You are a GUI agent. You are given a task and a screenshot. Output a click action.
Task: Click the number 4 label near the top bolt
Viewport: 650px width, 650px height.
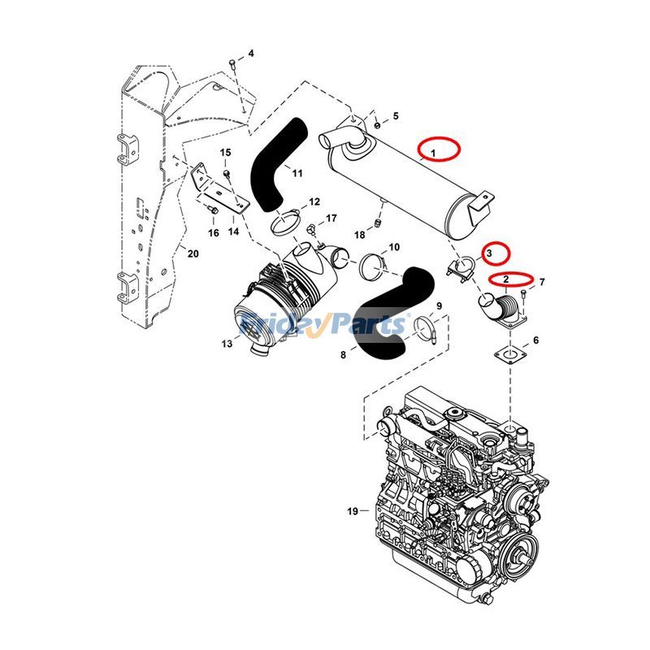pos(251,54)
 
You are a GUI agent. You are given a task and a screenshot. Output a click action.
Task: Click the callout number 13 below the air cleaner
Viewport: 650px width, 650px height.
pos(226,344)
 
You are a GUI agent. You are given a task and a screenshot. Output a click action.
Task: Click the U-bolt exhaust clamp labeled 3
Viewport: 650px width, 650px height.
pos(463,267)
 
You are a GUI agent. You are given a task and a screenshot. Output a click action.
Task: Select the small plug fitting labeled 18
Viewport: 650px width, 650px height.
pos(379,223)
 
